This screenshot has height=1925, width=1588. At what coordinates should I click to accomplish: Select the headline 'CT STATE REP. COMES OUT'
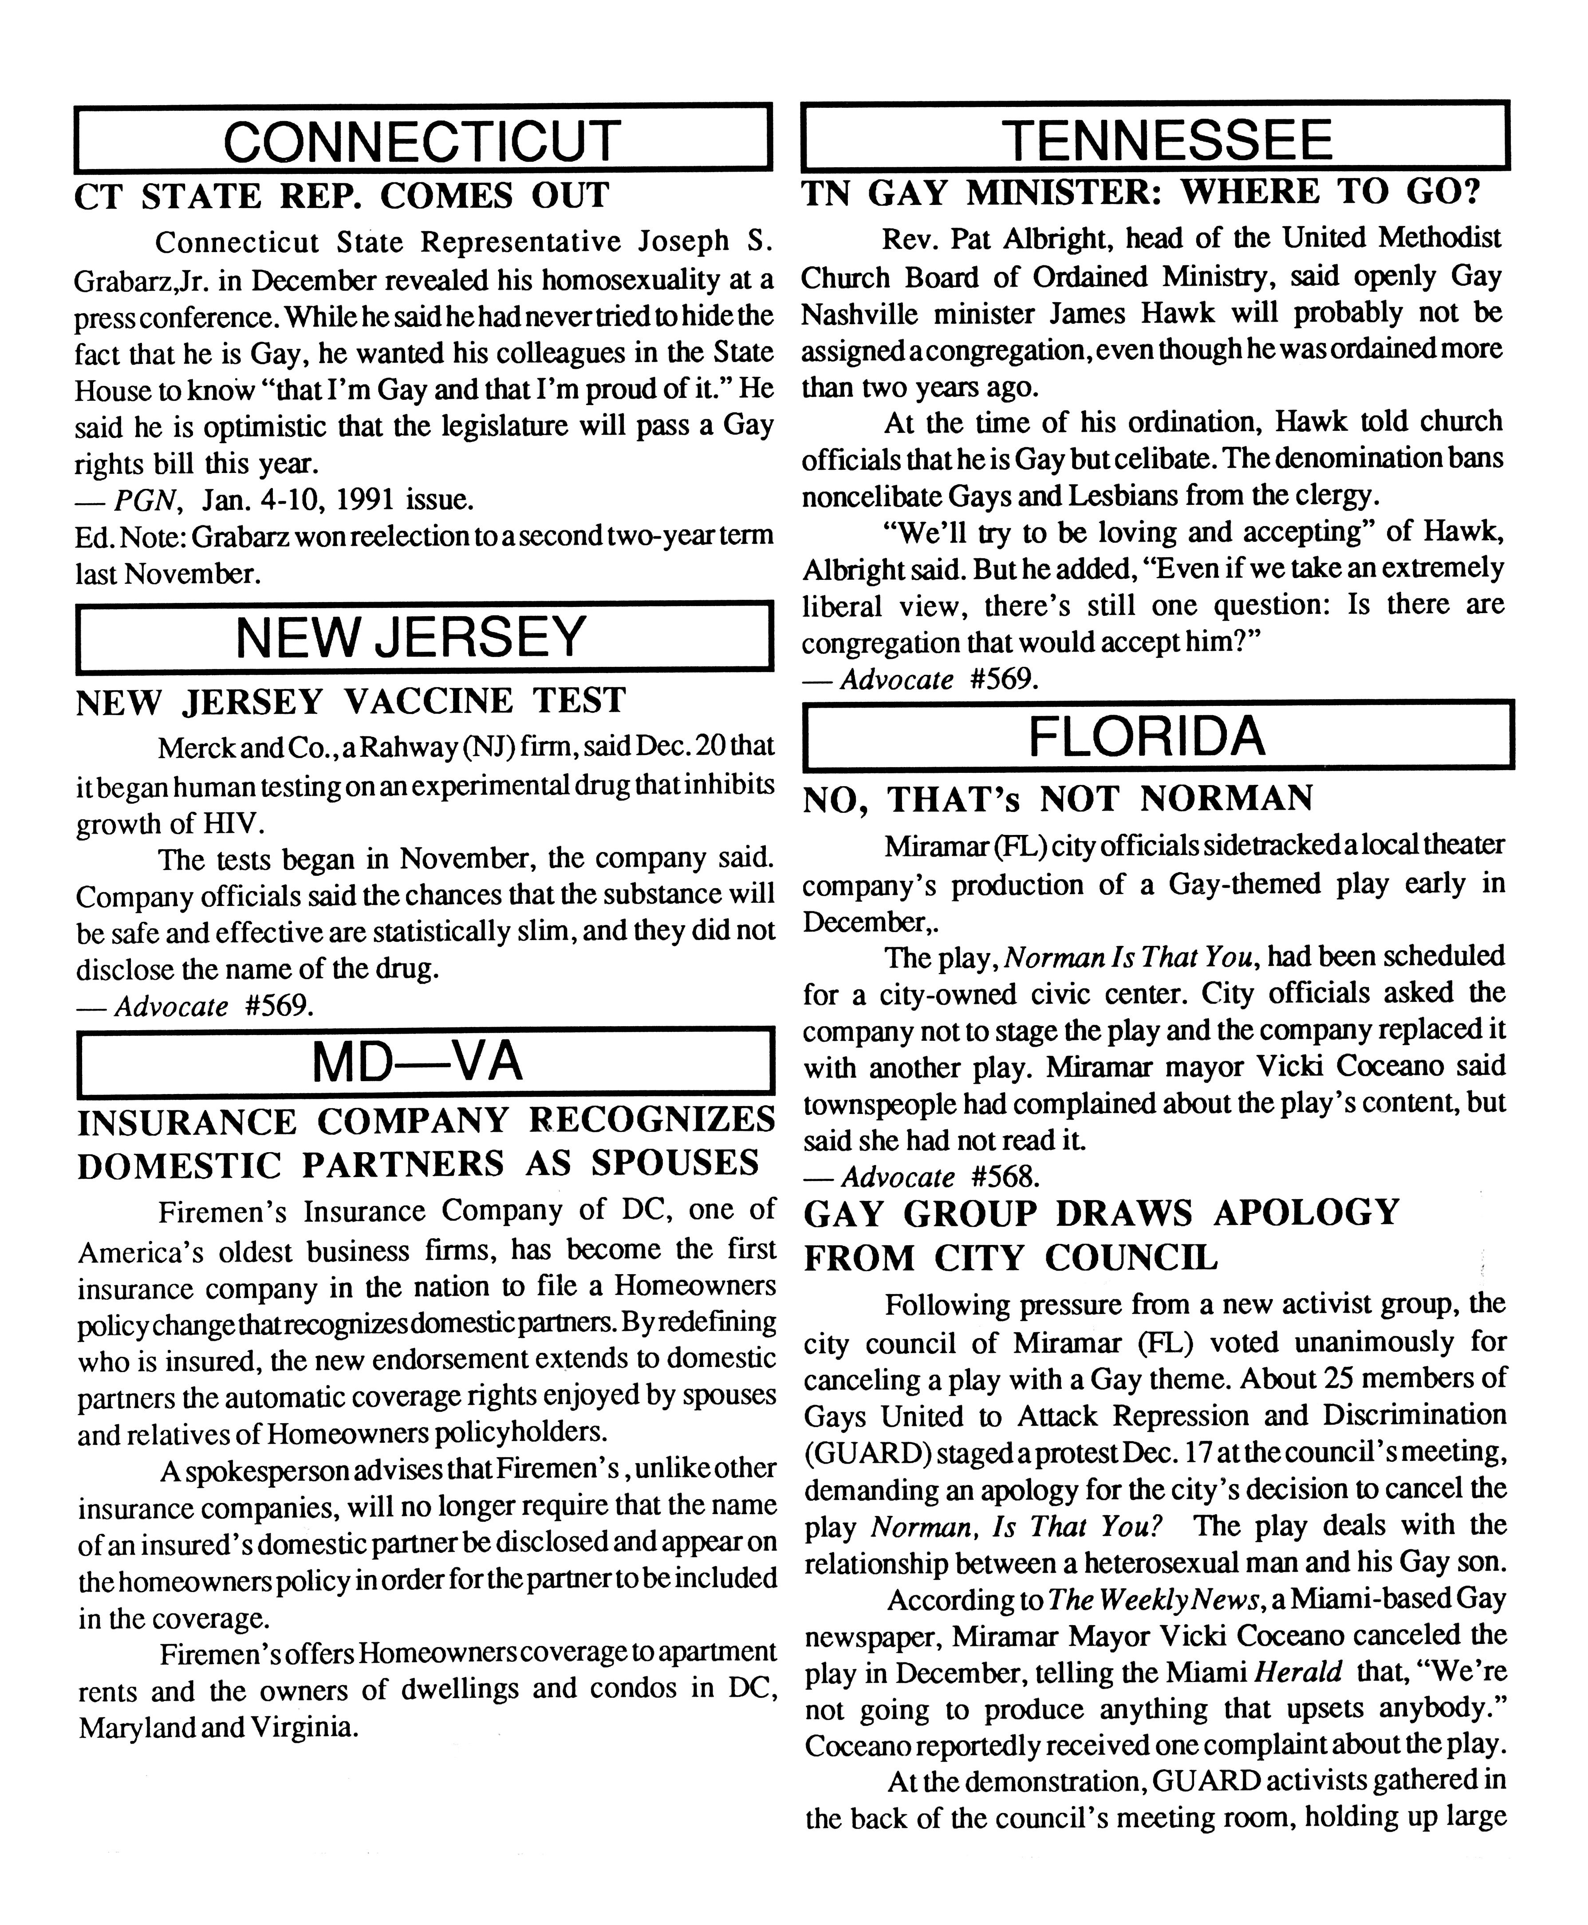click(x=341, y=196)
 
